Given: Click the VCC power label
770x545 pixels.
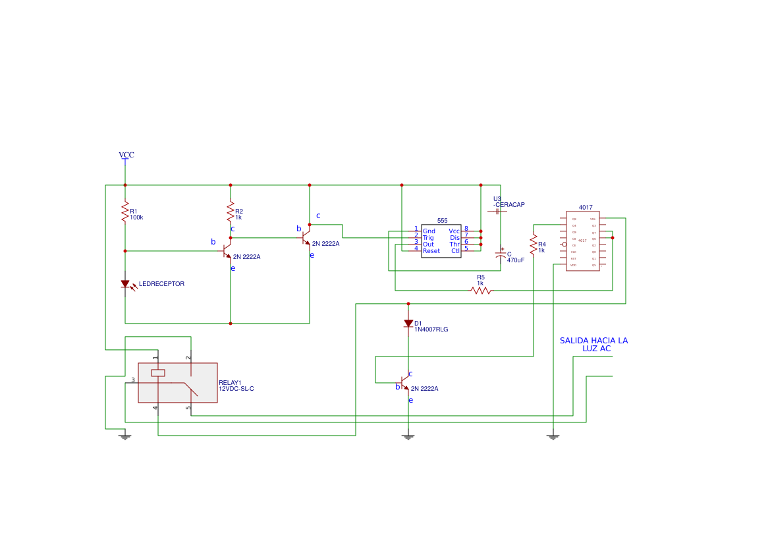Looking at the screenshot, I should [126, 155].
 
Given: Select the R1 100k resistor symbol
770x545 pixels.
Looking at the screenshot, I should [124, 212].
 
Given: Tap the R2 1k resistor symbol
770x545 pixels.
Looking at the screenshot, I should [231, 212].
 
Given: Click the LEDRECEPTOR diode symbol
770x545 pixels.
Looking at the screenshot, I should [125, 284].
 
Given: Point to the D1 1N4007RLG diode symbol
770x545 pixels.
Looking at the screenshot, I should [408, 324].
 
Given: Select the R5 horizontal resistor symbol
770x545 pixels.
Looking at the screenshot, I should [481, 290].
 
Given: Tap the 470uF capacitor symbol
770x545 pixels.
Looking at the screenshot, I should [501, 254].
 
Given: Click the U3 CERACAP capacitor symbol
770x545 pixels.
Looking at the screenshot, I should [497, 212].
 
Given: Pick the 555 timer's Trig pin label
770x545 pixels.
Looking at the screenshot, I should [428, 238].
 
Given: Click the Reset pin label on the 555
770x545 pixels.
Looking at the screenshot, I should [431, 251].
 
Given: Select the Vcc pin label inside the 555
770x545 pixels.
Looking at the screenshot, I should [454, 231].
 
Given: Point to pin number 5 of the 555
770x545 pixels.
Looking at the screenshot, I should [466, 249].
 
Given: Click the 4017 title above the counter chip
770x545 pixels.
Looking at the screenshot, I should [585, 207].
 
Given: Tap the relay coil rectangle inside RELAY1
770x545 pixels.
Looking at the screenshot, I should [158, 373].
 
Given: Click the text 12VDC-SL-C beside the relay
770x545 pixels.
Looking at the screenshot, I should [236, 389].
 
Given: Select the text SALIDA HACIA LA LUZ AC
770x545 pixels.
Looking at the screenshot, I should [593, 345].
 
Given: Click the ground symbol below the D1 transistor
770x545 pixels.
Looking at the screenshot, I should [408, 436].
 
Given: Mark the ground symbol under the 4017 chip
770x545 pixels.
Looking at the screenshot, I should [553, 436].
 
